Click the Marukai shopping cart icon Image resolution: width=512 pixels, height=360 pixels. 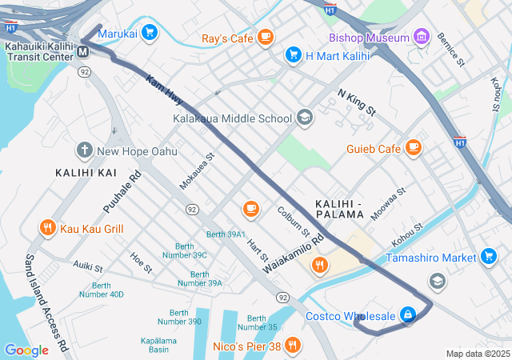pos(150,34)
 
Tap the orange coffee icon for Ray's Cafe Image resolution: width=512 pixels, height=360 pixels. pos(265,37)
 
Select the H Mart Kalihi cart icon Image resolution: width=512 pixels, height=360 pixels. pos(293,55)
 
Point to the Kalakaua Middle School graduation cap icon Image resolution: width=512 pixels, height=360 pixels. pos(304,118)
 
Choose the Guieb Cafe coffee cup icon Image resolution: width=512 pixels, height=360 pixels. pos(413,148)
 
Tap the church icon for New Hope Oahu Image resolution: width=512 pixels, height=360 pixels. pos(84,150)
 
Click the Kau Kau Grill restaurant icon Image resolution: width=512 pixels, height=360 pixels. pos(48,228)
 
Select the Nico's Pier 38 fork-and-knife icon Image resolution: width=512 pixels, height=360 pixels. pos(294,346)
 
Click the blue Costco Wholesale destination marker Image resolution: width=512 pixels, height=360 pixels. pos(408,315)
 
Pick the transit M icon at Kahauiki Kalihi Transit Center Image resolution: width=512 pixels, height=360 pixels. pos(83,53)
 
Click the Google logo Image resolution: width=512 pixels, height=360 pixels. pos(26,350)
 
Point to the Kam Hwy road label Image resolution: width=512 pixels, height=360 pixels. pos(164,90)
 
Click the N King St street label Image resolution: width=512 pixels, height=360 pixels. pos(356,103)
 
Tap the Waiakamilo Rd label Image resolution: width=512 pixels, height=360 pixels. pos(294,254)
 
